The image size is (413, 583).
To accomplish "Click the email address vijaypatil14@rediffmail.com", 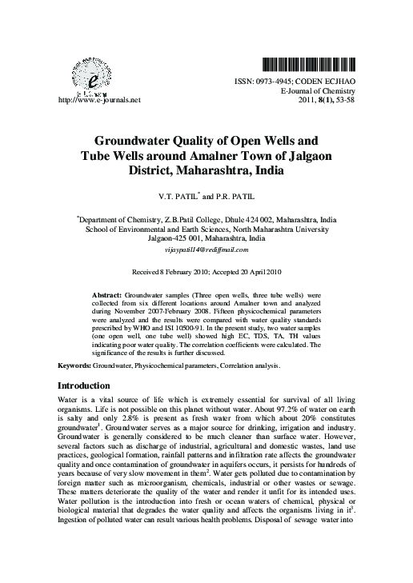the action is [206, 250].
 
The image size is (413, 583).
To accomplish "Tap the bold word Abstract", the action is [108, 295].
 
